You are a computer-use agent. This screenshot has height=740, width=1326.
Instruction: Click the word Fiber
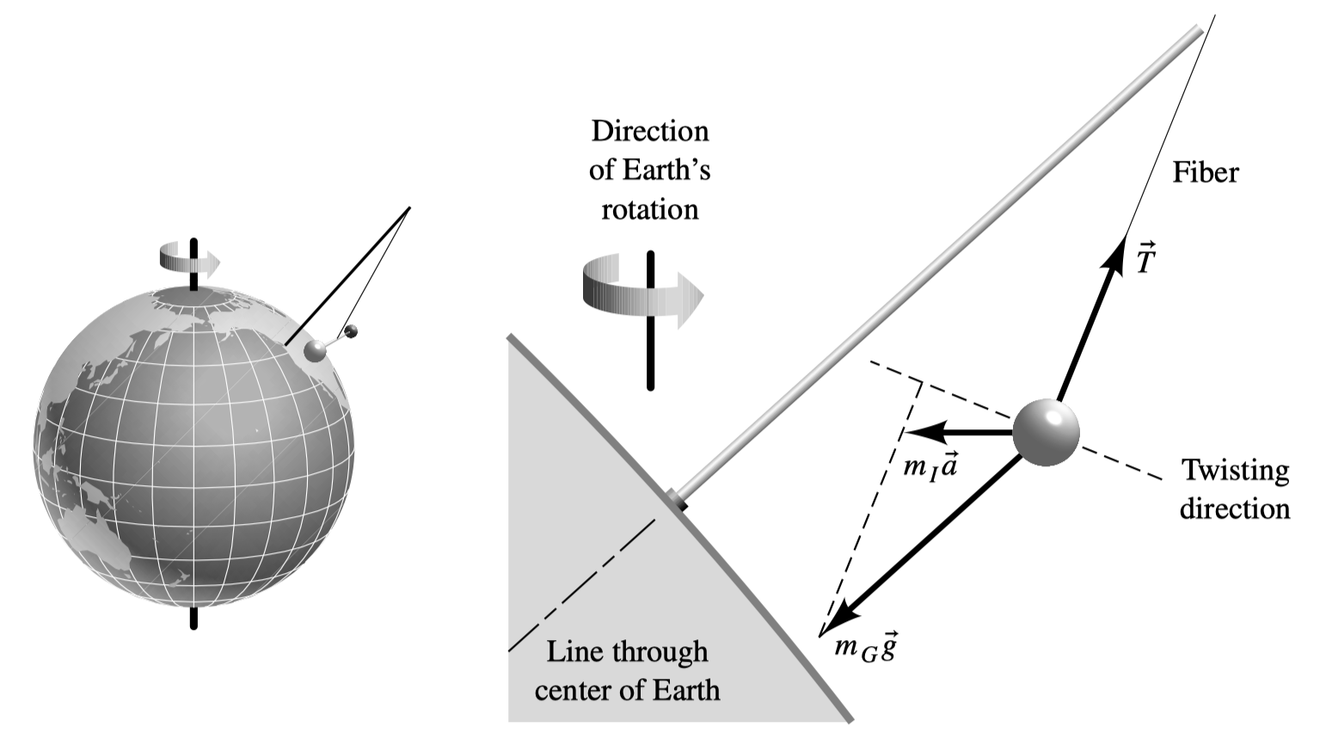point(1206,172)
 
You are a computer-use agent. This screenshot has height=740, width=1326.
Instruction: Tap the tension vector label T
point(1146,258)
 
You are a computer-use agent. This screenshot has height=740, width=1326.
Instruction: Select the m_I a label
point(930,466)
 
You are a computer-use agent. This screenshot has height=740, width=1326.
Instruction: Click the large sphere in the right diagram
point(1046,433)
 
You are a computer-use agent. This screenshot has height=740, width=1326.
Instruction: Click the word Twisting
point(1236,471)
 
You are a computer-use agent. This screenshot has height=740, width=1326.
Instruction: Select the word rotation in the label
point(650,210)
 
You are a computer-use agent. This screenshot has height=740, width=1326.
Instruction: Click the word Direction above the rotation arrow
point(650,131)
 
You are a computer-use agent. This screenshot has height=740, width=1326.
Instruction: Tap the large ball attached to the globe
point(315,350)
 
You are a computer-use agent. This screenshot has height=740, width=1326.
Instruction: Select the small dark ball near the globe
point(352,332)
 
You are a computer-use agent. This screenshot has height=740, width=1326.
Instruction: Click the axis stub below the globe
point(193,618)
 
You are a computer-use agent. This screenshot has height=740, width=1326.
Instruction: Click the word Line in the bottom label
point(568,651)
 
